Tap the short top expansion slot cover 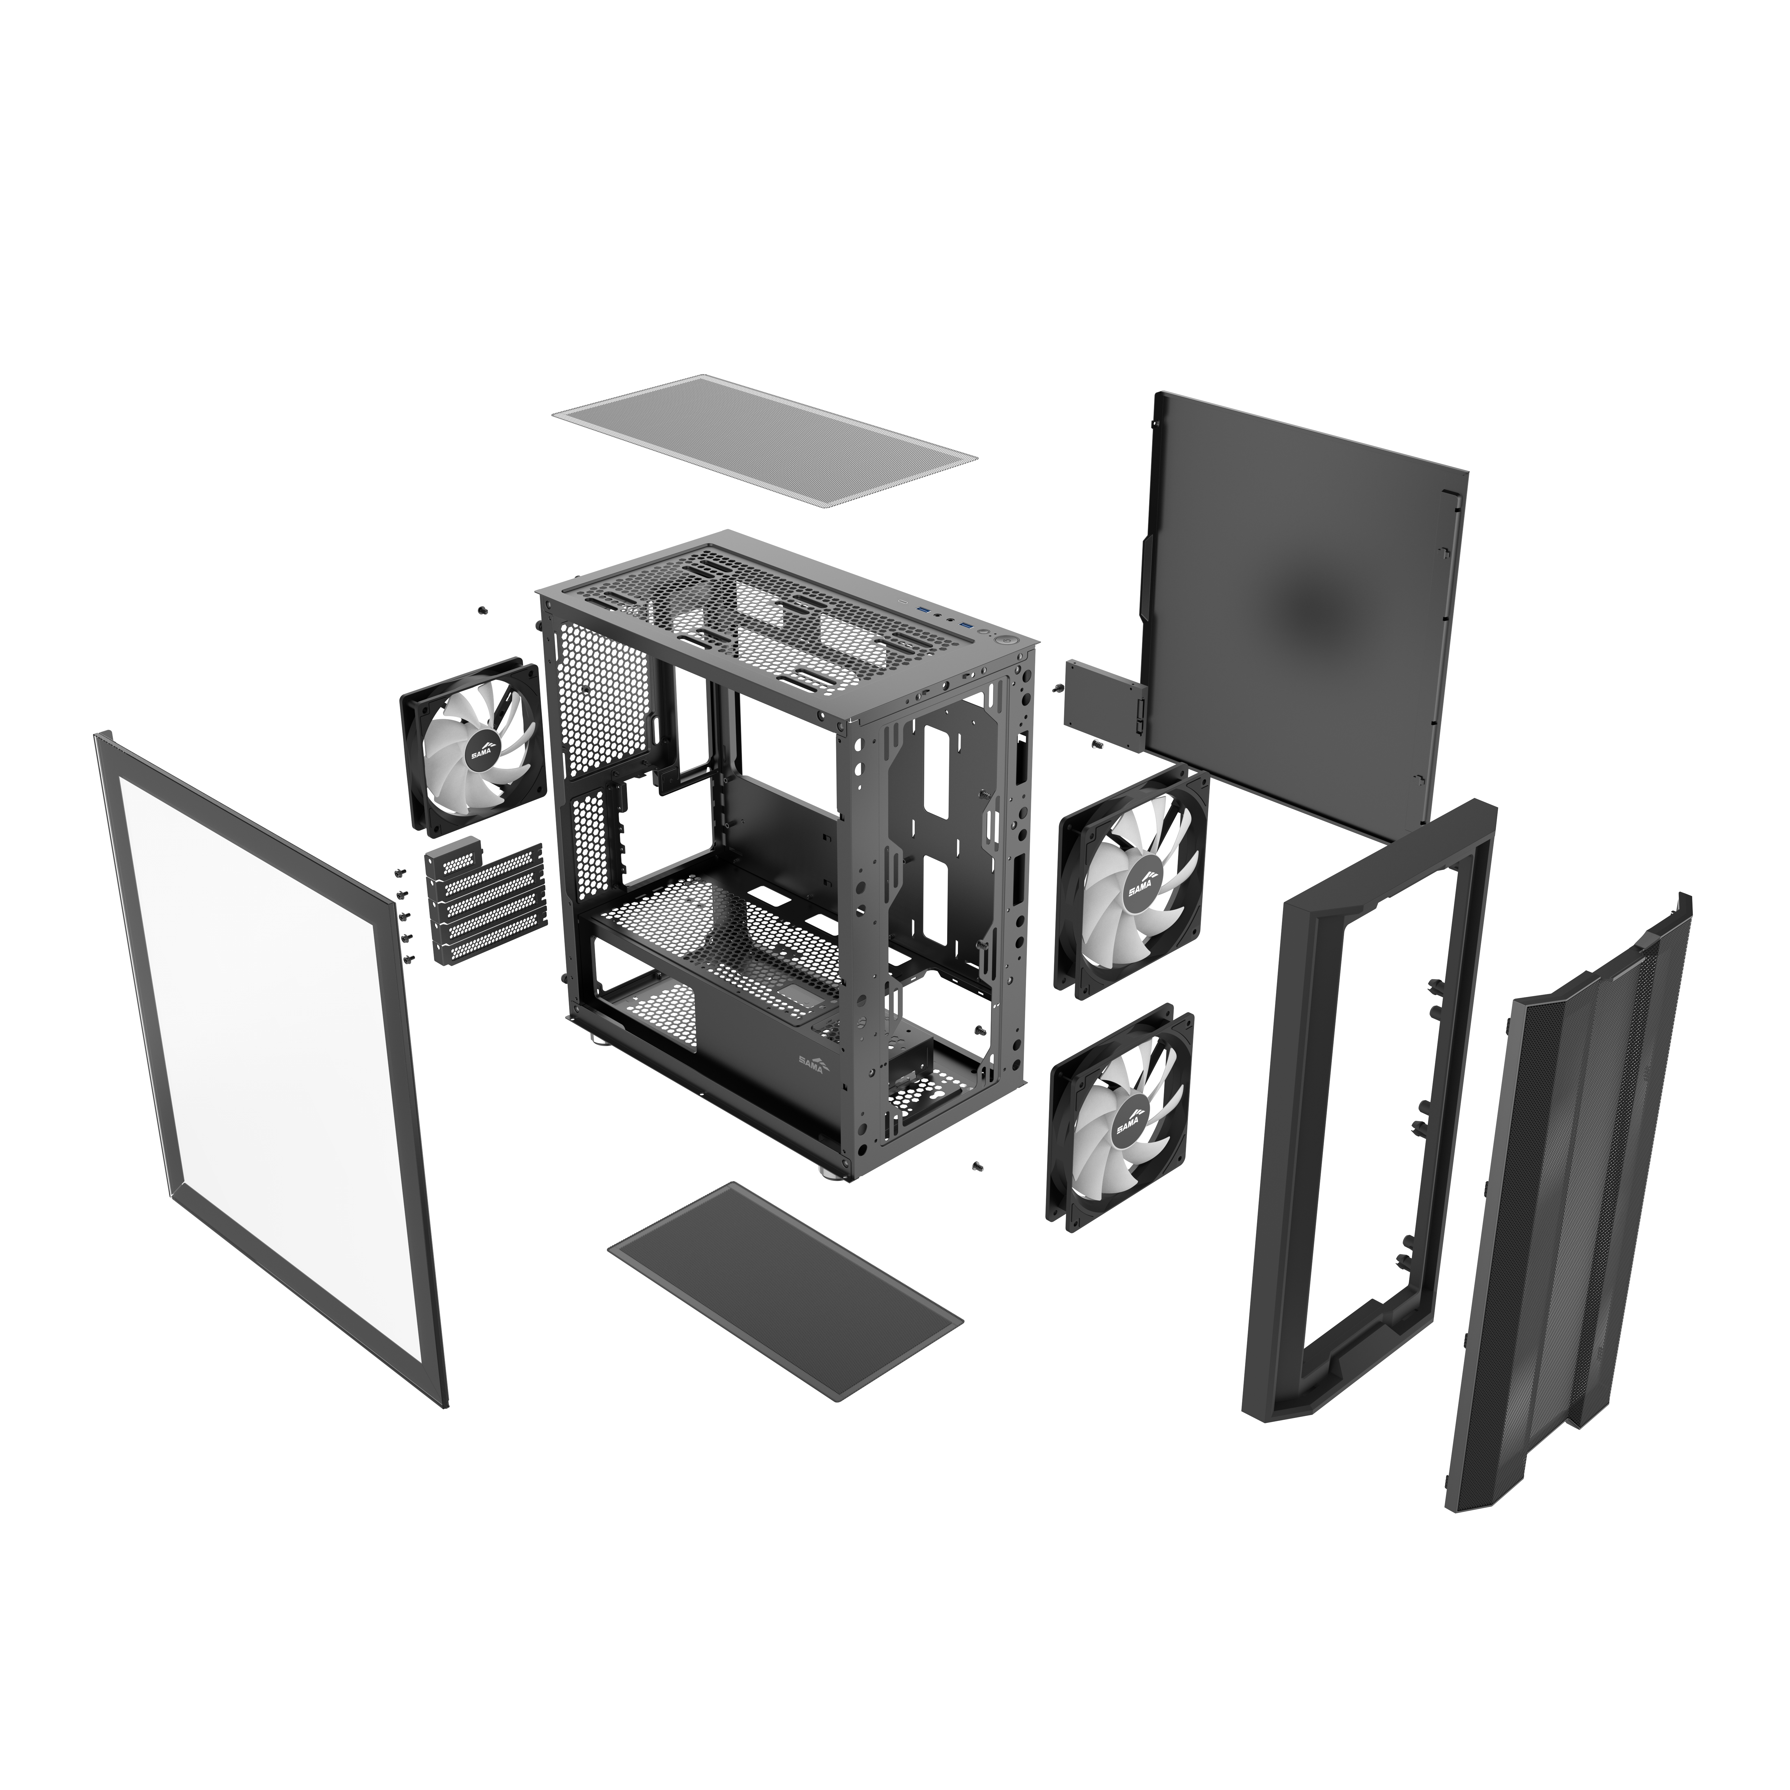pyautogui.click(x=456, y=852)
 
